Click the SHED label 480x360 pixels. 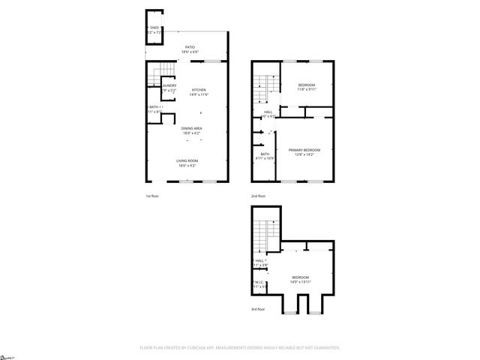pos(154,28)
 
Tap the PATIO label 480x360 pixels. pos(190,46)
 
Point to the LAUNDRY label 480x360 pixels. pos(169,85)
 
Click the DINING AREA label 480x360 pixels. pos(191,128)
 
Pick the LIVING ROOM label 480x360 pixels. pos(187,160)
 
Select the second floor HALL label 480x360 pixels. pos(268,112)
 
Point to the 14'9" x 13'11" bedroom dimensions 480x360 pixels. pos(301,281)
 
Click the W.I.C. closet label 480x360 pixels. pos(258,283)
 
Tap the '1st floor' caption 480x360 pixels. pos(152,196)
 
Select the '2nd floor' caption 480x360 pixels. pos(258,196)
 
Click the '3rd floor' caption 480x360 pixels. pos(258,308)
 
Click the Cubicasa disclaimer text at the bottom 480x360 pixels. pos(240,347)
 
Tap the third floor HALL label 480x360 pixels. pos(259,262)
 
